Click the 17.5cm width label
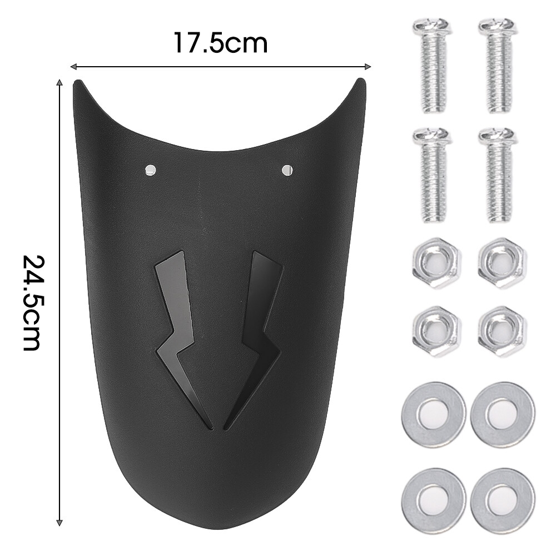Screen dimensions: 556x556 [x=220, y=43]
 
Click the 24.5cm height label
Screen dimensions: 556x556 [x=32, y=302]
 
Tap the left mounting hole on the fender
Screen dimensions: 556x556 [x=149, y=170]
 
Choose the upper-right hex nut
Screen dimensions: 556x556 [x=501, y=263]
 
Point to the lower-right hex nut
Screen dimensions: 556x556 [x=501, y=331]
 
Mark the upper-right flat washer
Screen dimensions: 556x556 [x=502, y=414]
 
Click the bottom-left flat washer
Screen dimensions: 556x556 [x=433, y=493]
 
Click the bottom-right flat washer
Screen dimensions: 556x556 [x=502, y=493]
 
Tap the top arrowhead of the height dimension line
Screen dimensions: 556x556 [x=59, y=82]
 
